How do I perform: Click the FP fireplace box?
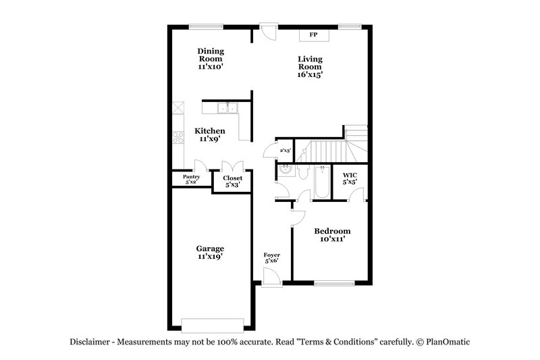tap(313, 34)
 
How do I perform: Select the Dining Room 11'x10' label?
tap(211, 59)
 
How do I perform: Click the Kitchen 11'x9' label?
tap(210, 134)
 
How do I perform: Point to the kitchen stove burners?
tap(178, 138)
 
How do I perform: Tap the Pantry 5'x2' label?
tap(192, 179)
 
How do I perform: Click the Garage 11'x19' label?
tap(211, 252)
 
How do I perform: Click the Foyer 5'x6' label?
tap(272, 257)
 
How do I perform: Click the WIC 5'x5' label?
tap(350, 178)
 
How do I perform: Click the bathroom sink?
tap(286, 172)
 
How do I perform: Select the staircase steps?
tap(331, 149)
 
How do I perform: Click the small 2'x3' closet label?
tap(285, 150)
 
